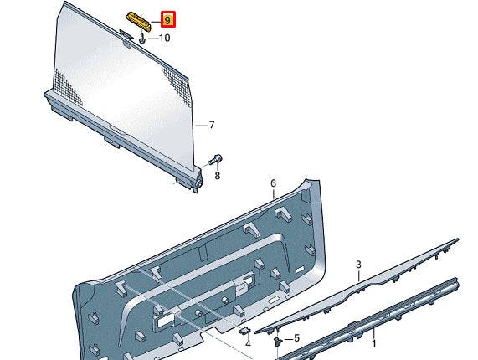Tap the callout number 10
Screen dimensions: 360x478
(x=163, y=38)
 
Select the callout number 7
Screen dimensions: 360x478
(x=212, y=126)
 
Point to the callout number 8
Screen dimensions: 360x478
(x=218, y=176)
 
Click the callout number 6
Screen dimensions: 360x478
(x=273, y=183)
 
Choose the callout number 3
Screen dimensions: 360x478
(x=358, y=265)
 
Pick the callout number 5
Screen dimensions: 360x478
(x=296, y=338)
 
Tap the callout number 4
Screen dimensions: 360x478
(x=248, y=344)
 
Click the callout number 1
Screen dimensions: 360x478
(x=373, y=343)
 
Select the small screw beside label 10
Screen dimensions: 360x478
(x=144, y=37)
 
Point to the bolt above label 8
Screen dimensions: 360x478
(x=216, y=158)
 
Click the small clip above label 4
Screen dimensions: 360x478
(x=245, y=331)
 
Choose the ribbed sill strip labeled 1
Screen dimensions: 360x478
(x=377, y=322)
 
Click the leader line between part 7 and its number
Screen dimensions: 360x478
(x=200, y=126)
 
